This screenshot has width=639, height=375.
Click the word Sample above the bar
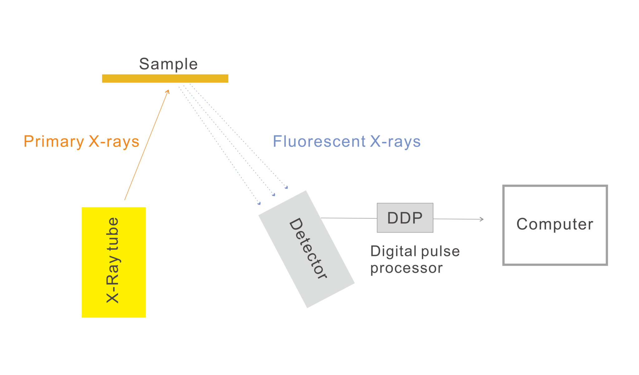pos(168,64)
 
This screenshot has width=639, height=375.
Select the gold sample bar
pos(165,78)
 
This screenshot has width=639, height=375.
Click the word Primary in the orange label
pos(54,142)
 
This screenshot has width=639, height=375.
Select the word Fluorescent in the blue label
pos(319,141)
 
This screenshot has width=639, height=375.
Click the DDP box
pos(405,218)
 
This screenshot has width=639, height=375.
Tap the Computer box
pos(555,246)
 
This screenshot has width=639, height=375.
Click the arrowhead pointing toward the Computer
pos(482,219)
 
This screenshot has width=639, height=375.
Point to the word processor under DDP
pos(407,268)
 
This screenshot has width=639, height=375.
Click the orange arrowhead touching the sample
pos(168,92)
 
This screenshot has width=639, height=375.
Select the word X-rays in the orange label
pos(114,142)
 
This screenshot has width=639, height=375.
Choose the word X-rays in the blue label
pos(395,141)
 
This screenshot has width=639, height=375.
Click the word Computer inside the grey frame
pos(555,224)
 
